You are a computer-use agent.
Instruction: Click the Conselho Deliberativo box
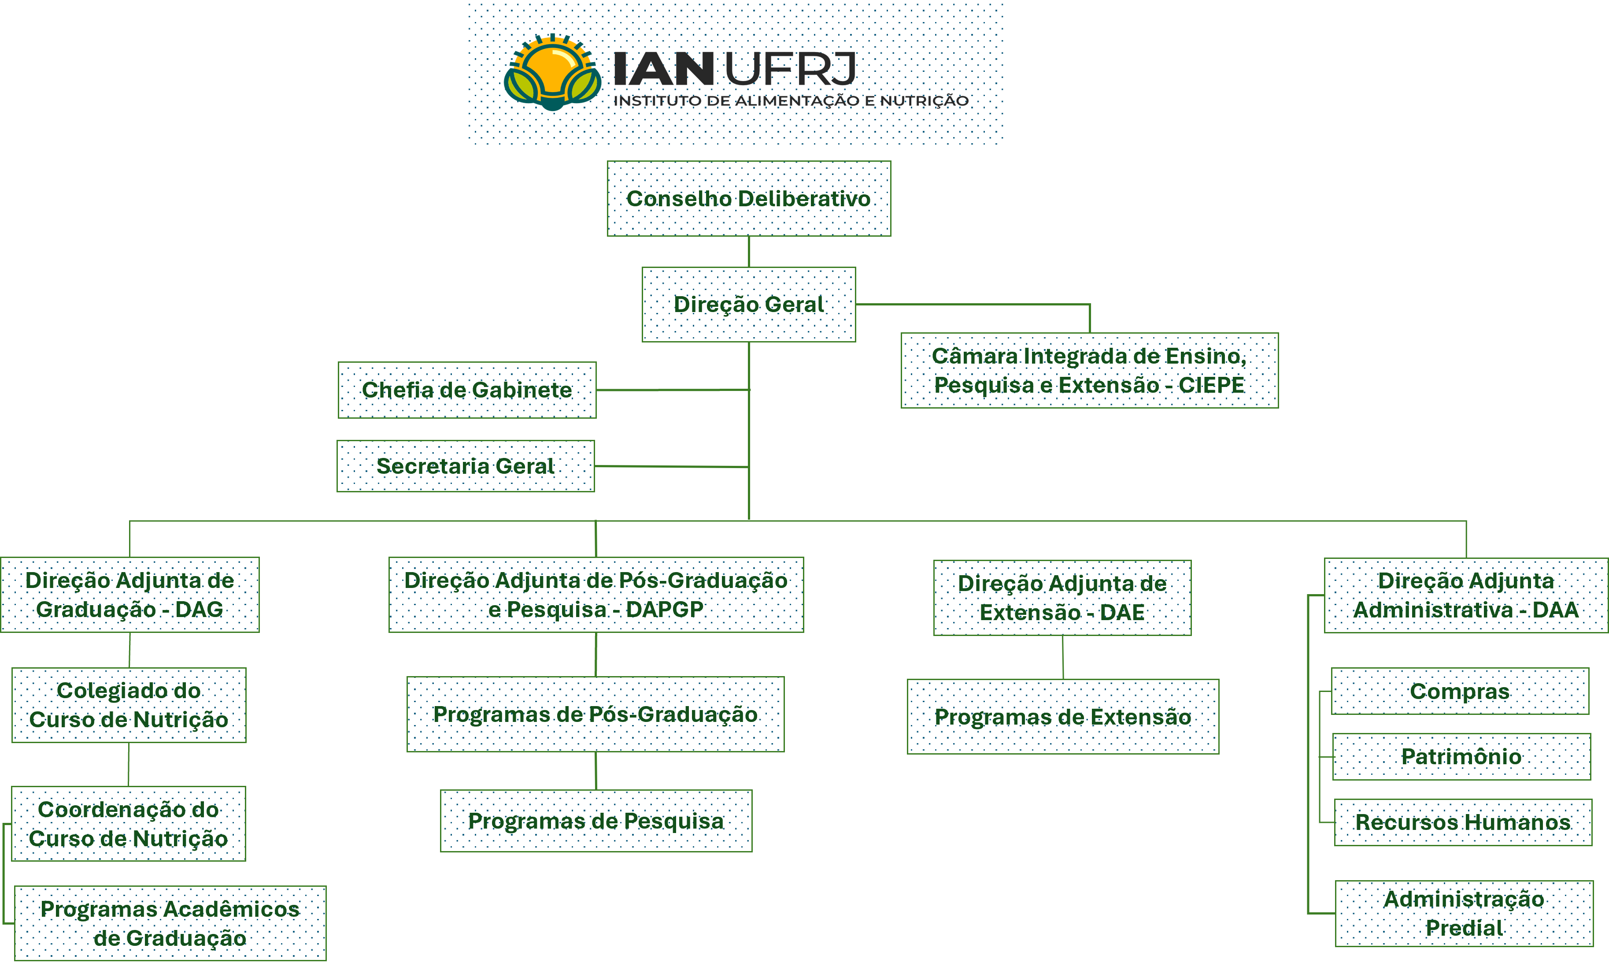(x=749, y=198)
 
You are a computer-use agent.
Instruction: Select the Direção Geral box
(x=749, y=304)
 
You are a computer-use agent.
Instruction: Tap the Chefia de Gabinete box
(x=467, y=390)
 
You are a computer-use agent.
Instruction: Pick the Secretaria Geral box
(x=466, y=466)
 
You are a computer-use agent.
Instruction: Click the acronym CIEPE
(x=1211, y=385)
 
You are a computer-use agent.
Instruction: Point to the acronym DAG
(x=199, y=609)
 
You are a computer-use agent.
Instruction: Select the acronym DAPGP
(x=664, y=609)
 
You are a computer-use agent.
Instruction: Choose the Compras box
(x=1460, y=691)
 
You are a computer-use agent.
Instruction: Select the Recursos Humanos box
(x=1463, y=822)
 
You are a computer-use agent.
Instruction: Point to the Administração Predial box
(x=1465, y=914)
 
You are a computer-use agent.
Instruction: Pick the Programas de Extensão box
(x=1063, y=717)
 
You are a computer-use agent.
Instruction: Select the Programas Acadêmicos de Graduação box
(x=170, y=923)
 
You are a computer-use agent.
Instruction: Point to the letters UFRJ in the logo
(x=790, y=69)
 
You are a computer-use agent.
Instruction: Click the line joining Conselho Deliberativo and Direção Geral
(x=749, y=252)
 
